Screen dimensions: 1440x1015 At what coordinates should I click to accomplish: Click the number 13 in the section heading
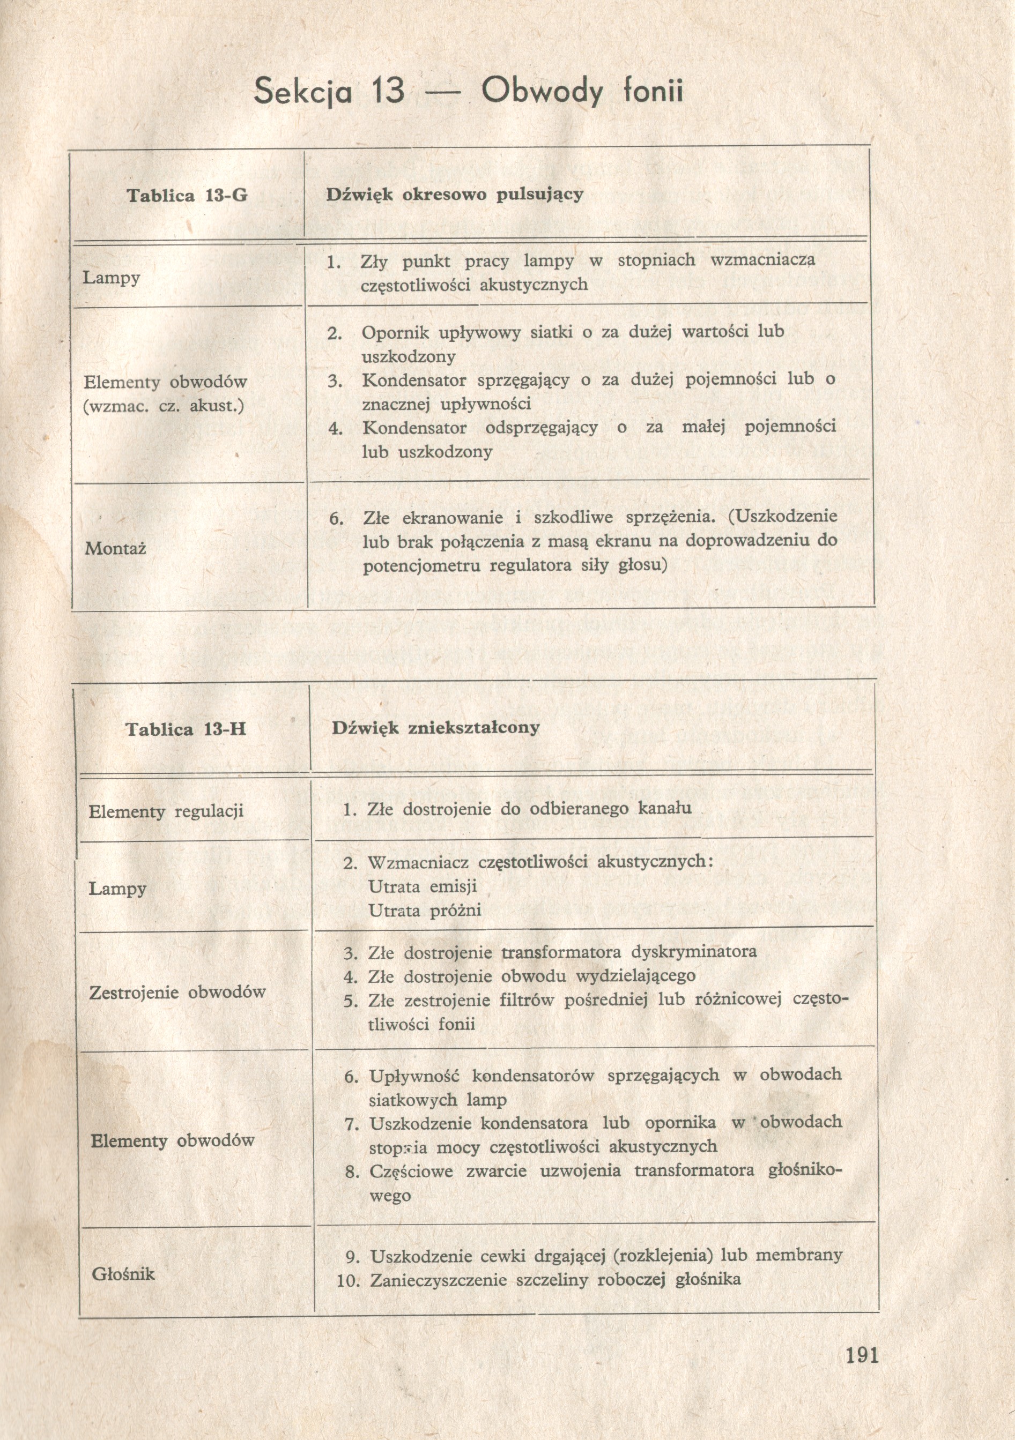387,92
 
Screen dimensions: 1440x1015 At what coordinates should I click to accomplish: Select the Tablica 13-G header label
187,196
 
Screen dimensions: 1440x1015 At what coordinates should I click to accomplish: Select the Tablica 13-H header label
186,729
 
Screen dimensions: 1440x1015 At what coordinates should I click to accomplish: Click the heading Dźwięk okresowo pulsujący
454,195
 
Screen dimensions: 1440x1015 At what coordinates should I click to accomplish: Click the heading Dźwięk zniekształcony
435,728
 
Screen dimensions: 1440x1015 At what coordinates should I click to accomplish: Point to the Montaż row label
115,549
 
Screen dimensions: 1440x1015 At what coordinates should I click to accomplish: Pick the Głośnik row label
123,1274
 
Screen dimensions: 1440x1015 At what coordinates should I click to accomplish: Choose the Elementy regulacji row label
166,811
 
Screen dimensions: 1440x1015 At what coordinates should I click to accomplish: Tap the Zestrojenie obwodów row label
177,992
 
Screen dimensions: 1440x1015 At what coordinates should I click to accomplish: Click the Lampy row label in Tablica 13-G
111,277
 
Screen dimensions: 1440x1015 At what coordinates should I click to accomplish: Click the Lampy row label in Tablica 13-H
117,888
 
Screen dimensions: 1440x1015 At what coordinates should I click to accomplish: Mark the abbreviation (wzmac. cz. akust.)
163,406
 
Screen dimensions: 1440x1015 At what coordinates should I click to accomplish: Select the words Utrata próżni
425,911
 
